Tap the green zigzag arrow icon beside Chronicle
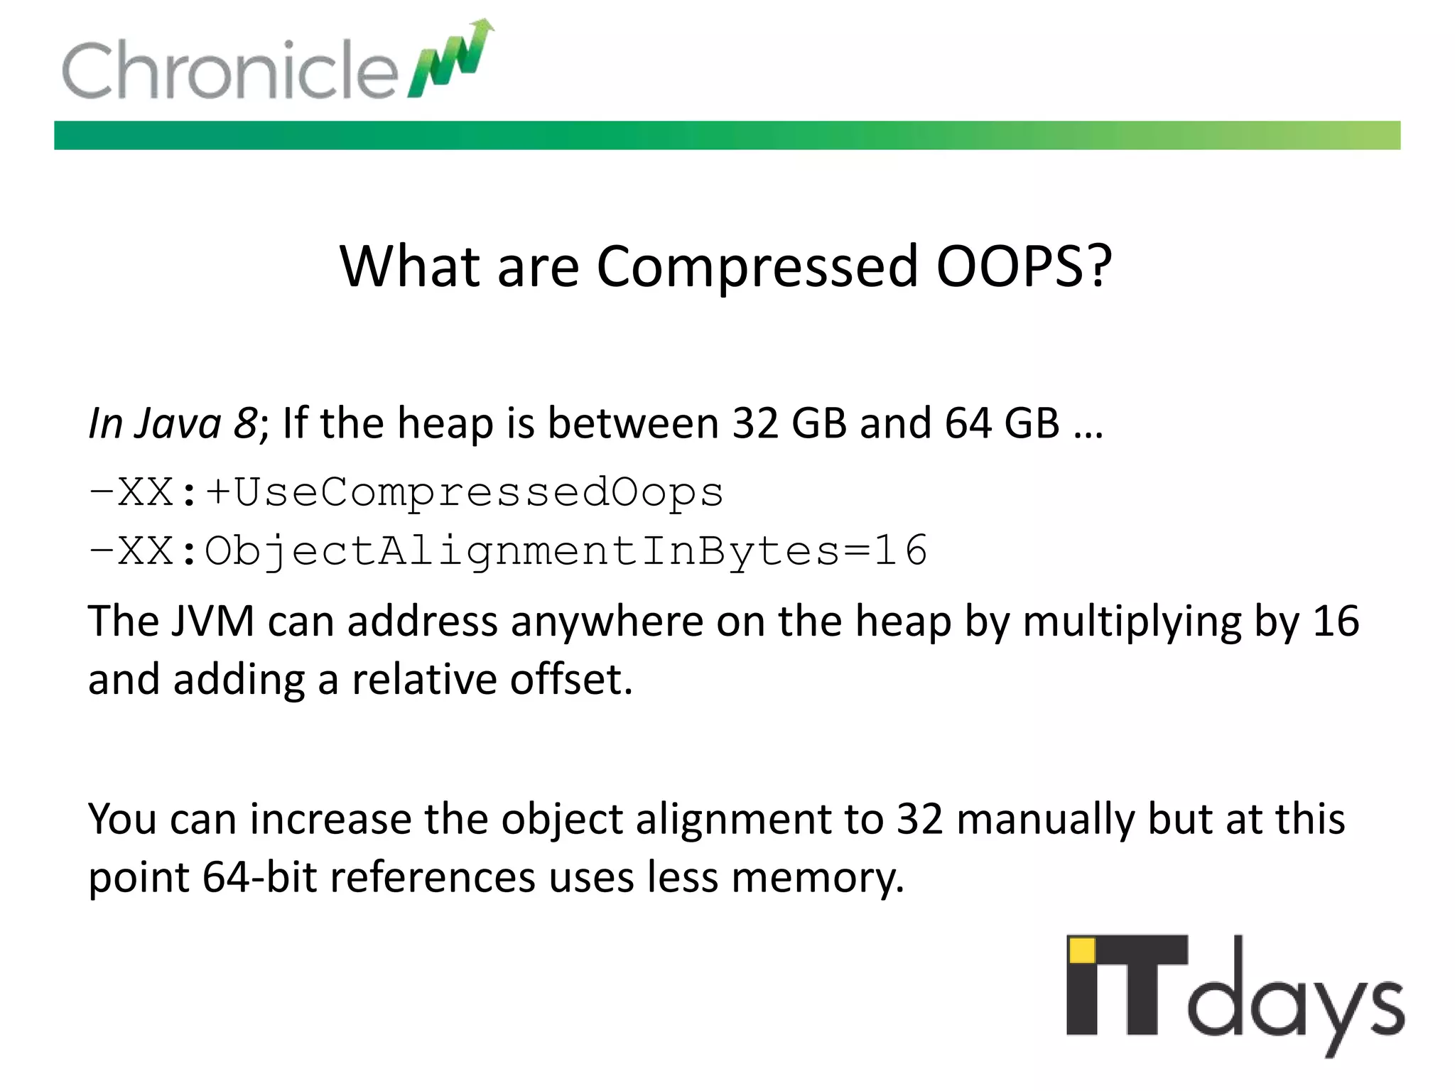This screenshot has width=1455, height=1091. tap(450, 60)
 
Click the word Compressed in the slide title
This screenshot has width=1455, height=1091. tap(757, 266)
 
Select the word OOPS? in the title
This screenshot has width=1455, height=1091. tap(1023, 266)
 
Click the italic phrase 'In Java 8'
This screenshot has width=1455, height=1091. tap(173, 423)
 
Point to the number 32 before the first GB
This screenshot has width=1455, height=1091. tap(756, 423)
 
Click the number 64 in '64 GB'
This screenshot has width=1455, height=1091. tap(968, 423)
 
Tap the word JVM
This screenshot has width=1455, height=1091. tap(212, 621)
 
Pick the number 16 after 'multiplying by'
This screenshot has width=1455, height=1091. tap(1336, 621)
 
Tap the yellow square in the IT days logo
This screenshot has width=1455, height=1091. tap(1082, 950)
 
